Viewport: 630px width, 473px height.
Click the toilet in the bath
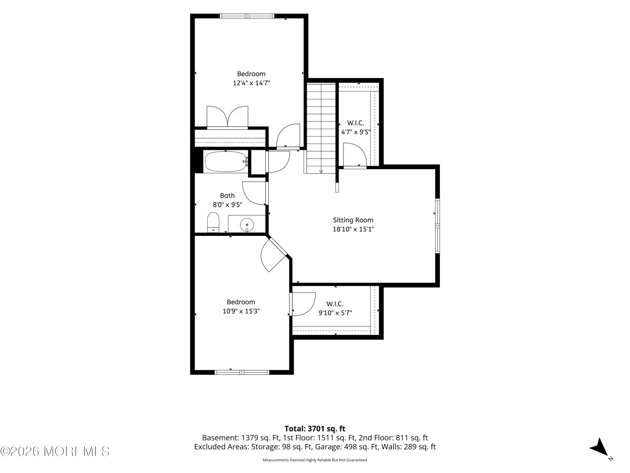coord(213,222)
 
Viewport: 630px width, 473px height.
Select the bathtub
coord(226,161)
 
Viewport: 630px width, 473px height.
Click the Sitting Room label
coord(353,220)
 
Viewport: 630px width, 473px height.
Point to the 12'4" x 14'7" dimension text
coord(251,83)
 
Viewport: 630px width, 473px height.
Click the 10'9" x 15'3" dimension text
coord(241,311)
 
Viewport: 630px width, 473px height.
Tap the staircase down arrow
coord(321,171)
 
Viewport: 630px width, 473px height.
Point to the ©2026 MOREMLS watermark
coord(55,451)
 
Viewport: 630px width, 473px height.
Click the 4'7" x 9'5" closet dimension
coord(356,132)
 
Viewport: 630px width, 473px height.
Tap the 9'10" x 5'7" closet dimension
coord(335,313)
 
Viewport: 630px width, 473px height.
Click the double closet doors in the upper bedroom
coord(227,118)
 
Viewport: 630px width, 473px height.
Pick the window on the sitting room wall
coord(438,226)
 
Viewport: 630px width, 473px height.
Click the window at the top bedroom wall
coord(247,16)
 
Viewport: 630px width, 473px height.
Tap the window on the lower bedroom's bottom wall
coord(242,372)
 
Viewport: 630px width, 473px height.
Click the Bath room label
coord(227,196)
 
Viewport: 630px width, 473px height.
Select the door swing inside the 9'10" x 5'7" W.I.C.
coord(302,304)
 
